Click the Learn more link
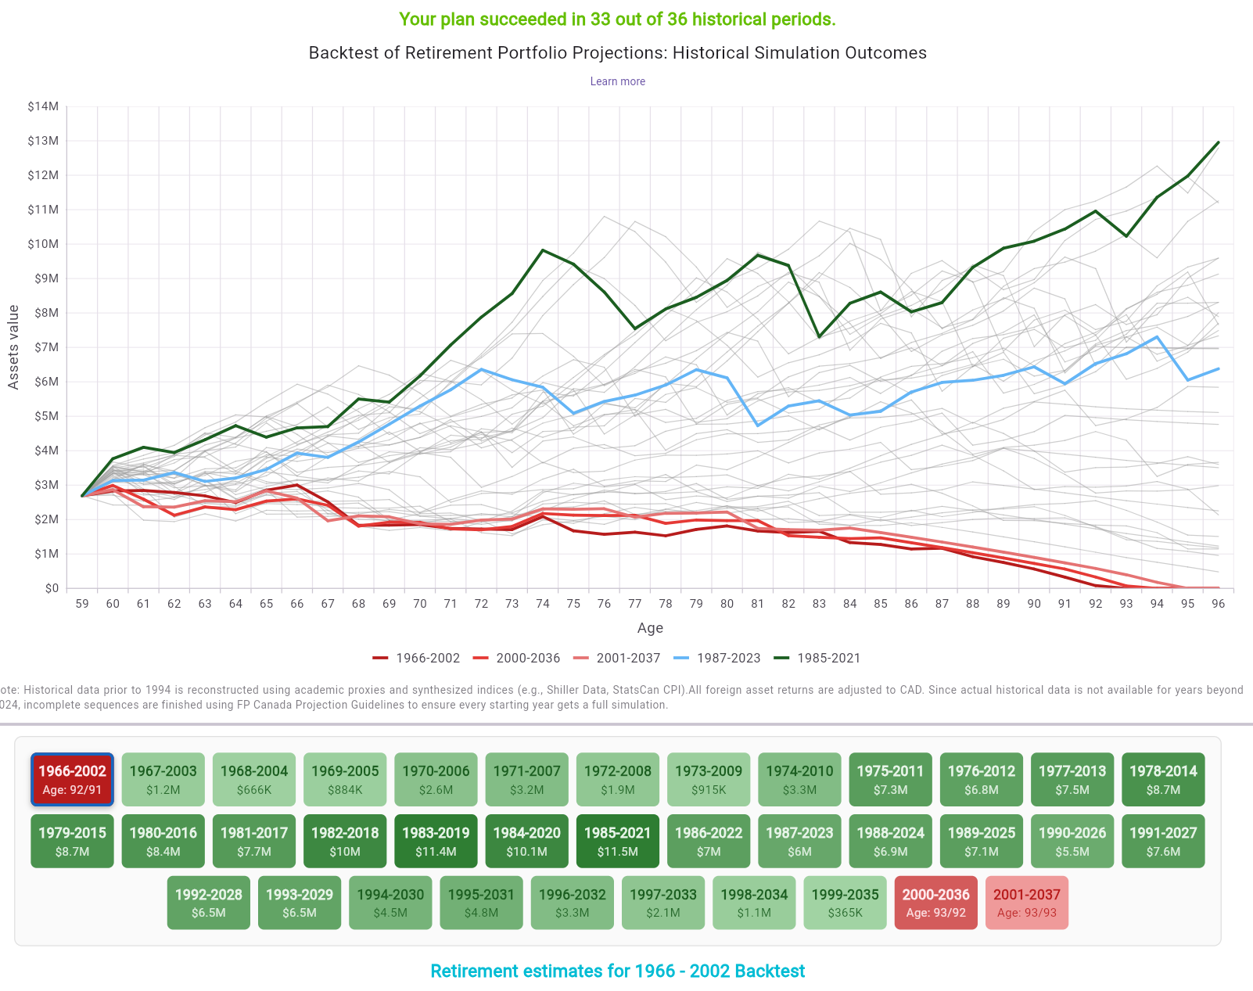(x=617, y=81)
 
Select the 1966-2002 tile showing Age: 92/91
(x=72, y=779)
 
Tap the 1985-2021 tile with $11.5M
(x=617, y=842)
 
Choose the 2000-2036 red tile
(x=935, y=903)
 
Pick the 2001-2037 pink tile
(x=1026, y=903)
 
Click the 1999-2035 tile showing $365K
(x=845, y=903)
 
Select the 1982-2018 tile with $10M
(x=345, y=842)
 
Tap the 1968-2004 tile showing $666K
(x=254, y=779)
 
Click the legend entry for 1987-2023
(x=717, y=658)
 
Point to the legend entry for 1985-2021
(x=817, y=658)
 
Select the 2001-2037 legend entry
(x=617, y=658)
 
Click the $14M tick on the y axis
(x=43, y=106)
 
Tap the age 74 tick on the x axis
(x=543, y=604)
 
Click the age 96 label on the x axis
(x=1218, y=604)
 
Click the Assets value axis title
(x=13, y=347)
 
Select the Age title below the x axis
(x=650, y=628)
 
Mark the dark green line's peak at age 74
(x=543, y=250)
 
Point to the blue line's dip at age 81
(x=757, y=425)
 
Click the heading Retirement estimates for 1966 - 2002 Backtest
(x=617, y=971)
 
